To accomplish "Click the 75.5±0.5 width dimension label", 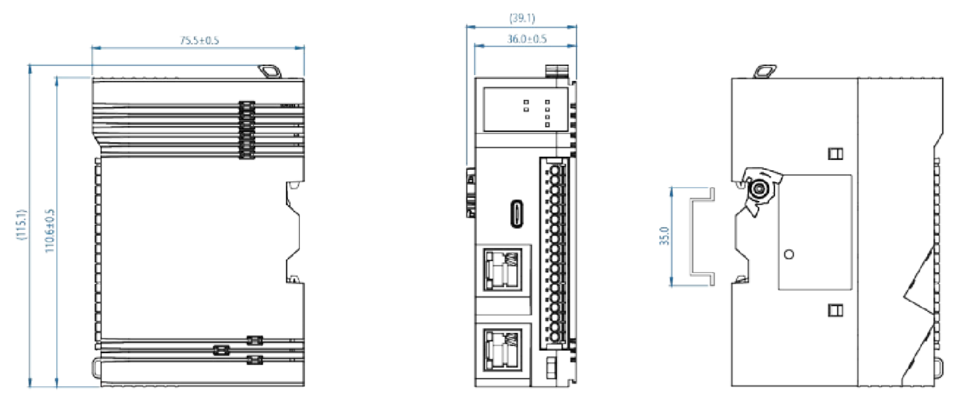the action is tap(200, 40).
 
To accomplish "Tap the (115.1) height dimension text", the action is tap(22, 224).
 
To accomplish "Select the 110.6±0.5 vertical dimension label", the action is tap(50, 231).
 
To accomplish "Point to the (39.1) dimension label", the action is tap(522, 18).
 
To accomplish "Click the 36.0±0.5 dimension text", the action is tap(527, 39).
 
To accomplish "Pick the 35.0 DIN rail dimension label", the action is tap(665, 236).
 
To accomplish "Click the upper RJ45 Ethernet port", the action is tap(503, 270).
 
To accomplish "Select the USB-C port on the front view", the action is tap(518, 214).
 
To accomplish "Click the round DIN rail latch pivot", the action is tap(759, 188).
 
